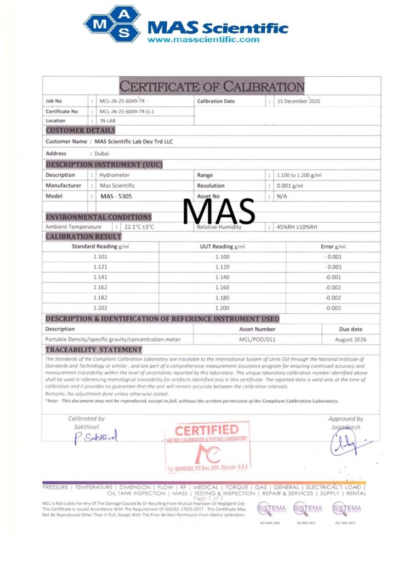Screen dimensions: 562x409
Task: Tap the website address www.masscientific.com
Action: coord(203,40)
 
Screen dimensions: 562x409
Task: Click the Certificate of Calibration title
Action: coord(212,86)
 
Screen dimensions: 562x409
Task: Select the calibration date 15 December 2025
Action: coord(299,101)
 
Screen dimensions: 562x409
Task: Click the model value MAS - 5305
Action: coord(116,196)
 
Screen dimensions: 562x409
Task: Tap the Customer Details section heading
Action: coord(80,131)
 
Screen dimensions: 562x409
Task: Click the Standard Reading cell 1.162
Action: coord(100,287)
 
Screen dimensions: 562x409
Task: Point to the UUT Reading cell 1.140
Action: coord(223,277)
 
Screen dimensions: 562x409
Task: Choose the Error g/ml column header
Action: coord(333,247)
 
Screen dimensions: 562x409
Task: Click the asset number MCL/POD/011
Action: coord(257,339)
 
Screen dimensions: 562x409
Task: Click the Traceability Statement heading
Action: coord(93,350)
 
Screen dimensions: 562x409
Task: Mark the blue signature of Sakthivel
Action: coord(96,437)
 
